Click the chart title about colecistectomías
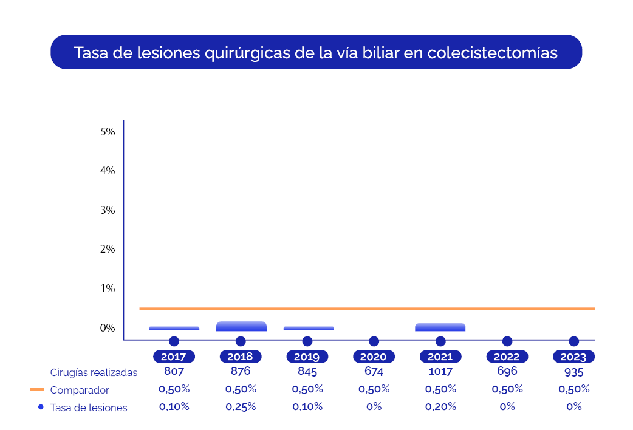(316, 52)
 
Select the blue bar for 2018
(241, 326)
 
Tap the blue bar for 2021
(440, 327)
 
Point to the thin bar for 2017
(174, 328)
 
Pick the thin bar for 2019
(309, 328)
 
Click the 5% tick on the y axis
(108, 131)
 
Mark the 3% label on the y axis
(108, 210)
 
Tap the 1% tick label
(108, 288)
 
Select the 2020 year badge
(374, 357)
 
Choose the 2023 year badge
(573, 357)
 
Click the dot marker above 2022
(507, 341)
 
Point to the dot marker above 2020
(374, 341)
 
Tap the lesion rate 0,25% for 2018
(241, 407)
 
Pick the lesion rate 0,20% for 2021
(440, 407)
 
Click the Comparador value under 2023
(573, 389)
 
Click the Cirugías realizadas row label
(94, 372)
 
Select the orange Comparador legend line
(37, 389)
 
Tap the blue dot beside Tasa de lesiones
(41, 407)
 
